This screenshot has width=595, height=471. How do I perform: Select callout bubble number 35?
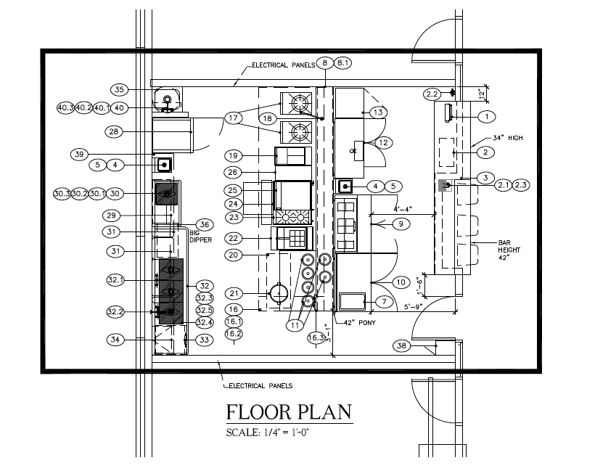[x=120, y=89]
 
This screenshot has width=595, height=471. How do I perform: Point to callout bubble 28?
[x=112, y=131]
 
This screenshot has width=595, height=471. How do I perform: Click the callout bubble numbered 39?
[x=80, y=154]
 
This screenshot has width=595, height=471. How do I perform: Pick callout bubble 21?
[x=233, y=293]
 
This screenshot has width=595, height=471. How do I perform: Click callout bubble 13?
[x=378, y=112]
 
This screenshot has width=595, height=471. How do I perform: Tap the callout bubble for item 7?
[x=384, y=300]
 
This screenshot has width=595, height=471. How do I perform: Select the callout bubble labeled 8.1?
[x=343, y=63]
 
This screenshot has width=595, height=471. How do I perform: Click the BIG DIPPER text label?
[x=200, y=235]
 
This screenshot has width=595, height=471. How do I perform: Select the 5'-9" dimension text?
[x=414, y=307]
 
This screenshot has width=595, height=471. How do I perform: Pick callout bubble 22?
[x=233, y=238]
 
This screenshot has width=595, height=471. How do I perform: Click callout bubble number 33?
[x=205, y=339]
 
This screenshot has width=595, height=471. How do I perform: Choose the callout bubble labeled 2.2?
[x=432, y=94]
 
